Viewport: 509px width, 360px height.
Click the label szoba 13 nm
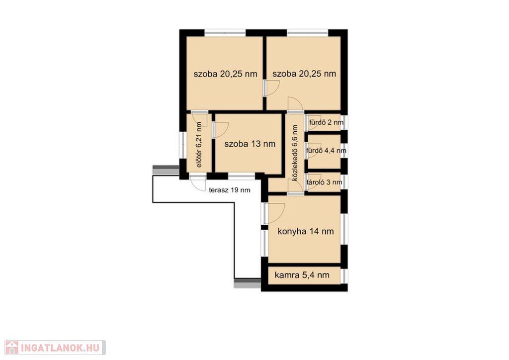pyautogui.click(x=250, y=144)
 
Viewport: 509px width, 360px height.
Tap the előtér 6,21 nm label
pyautogui.click(x=199, y=145)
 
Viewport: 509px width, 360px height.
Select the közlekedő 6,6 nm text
pyautogui.click(x=295, y=153)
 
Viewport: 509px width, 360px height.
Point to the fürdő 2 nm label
pyautogui.click(x=326, y=122)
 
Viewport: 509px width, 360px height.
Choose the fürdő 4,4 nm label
pyautogui.click(x=326, y=151)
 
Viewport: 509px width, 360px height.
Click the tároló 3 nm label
pyautogui.click(x=324, y=182)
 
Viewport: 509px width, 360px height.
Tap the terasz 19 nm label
pyautogui.click(x=230, y=190)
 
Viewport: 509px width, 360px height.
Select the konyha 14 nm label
pyautogui.click(x=306, y=231)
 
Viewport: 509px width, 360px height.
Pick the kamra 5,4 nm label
pyautogui.click(x=302, y=275)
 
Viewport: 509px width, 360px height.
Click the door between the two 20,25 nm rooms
pyautogui.click(x=271, y=88)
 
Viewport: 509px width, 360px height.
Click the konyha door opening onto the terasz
pyautogui.click(x=274, y=213)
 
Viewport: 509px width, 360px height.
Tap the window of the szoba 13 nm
pyautogui.click(x=242, y=176)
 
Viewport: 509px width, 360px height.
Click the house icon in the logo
pyautogui.click(x=12, y=348)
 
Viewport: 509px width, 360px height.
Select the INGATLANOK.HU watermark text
pyautogui.click(x=60, y=348)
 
